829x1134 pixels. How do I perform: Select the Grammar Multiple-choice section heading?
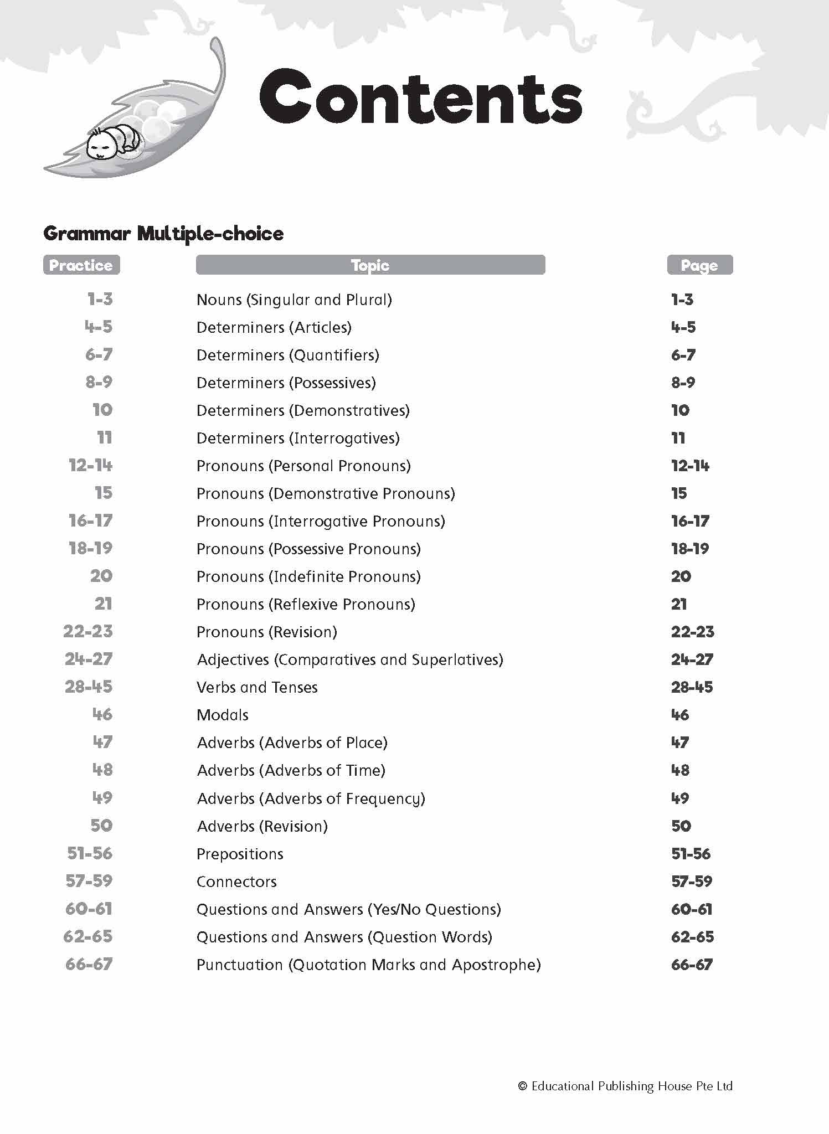163,234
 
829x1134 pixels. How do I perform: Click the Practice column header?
81,265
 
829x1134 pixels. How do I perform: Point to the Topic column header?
370,265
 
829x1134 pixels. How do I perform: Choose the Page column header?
699,265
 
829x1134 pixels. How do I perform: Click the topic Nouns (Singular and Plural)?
294,300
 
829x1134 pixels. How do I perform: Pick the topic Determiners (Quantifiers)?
288,355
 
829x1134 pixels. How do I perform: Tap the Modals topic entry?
223,715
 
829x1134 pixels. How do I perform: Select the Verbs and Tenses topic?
257,688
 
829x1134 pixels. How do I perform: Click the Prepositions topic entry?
240,854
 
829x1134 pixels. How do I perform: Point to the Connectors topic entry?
236,882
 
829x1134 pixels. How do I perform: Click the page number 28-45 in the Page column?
692,688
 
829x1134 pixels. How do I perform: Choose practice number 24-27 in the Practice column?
89,659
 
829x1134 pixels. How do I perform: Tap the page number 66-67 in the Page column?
692,965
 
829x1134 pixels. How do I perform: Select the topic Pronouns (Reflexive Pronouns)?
306,605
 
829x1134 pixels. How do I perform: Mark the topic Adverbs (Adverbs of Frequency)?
311,799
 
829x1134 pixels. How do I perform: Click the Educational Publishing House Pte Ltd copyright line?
625,1086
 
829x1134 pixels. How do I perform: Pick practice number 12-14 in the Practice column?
90,466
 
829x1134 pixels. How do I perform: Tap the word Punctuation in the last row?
240,965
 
